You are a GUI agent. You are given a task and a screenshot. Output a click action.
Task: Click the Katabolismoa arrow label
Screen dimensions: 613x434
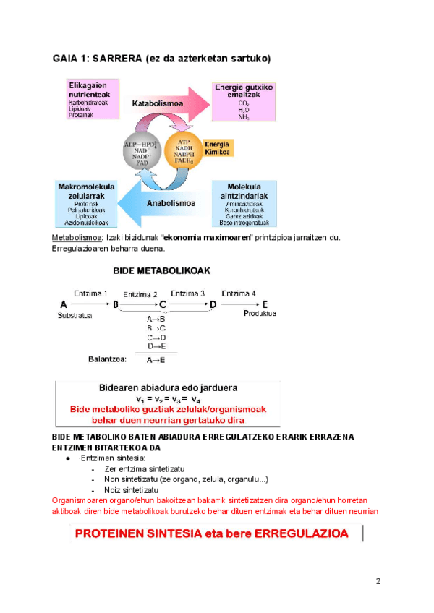click(x=158, y=103)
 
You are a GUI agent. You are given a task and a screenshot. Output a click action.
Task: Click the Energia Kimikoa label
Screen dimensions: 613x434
click(x=218, y=148)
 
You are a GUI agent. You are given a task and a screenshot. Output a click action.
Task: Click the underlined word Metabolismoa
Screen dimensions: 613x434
click(x=77, y=238)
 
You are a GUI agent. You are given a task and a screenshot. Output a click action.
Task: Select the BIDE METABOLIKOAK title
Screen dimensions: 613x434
click(x=161, y=270)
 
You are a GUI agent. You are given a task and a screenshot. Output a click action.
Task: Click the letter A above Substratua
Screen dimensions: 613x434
click(x=64, y=304)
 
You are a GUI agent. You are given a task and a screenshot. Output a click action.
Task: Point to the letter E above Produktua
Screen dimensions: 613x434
click(x=264, y=304)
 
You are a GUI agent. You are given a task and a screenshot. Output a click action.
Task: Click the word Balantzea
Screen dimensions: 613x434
click(x=107, y=358)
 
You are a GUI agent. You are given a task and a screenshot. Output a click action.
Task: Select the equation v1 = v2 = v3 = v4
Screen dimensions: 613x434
click(x=167, y=398)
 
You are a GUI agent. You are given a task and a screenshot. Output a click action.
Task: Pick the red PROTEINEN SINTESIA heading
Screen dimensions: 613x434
click(x=212, y=534)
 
